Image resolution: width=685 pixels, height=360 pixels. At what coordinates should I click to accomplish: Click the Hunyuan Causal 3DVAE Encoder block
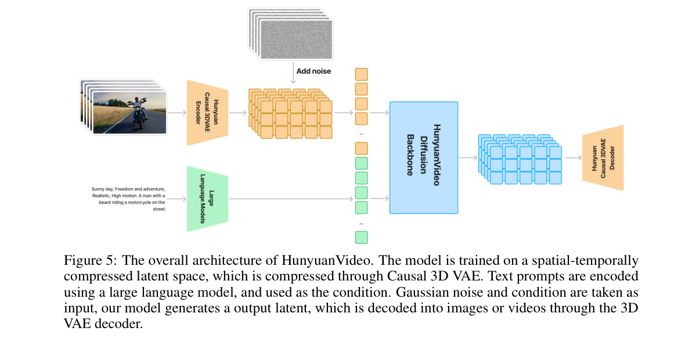(x=207, y=113)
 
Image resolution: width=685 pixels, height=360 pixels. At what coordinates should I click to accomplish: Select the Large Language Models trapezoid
(x=207, y=199)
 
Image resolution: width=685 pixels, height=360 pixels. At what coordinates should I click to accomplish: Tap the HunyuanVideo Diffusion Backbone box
(x=424, y=158)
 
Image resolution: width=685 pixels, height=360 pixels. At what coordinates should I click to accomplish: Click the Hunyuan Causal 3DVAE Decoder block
(x=603, y=158)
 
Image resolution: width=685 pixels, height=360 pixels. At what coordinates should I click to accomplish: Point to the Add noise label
(x=313, y=71)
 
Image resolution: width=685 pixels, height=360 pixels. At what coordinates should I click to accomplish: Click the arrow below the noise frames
(x=293, y=73)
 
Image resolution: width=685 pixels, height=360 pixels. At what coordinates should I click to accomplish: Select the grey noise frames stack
(x=290, y=34)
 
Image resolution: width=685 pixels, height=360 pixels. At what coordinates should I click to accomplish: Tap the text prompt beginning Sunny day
(x=128, y=199)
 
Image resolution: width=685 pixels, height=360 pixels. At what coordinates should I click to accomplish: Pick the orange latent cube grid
(x=290, y=114)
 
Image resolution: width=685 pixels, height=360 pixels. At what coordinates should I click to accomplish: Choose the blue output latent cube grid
(x=520, y=159)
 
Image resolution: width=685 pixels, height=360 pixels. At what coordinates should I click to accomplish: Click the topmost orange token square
(x=361, y=74)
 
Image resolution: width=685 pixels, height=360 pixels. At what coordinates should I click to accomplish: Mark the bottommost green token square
(x=361, y=237)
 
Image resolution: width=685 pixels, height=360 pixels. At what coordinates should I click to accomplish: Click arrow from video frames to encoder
(x=178, y=113)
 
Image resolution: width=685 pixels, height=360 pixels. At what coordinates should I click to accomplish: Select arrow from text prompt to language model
(x=176, y=199)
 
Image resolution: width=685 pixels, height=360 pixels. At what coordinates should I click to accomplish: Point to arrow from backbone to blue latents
(x=468, y=158)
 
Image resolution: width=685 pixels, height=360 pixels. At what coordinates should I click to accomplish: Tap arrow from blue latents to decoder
(x=573, y=158)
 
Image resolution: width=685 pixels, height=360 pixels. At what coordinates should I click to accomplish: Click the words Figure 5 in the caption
(x=90, y=260)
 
